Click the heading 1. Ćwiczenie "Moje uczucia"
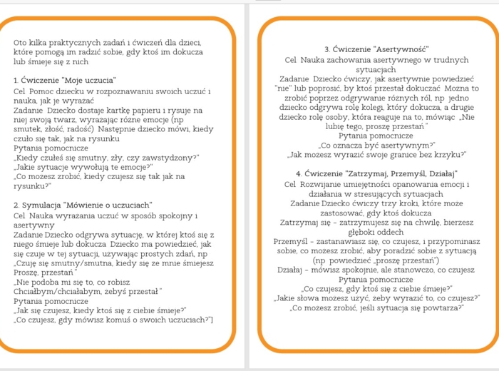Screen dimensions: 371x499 pyautogui.click(x=65, y=79)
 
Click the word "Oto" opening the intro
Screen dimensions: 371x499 pyautogui.click(x=21, y=43)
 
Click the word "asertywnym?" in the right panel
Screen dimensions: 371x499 pyautogui.click(x=407, y=145)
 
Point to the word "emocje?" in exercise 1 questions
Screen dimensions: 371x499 pyautogui.click(x=133, y=166)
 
